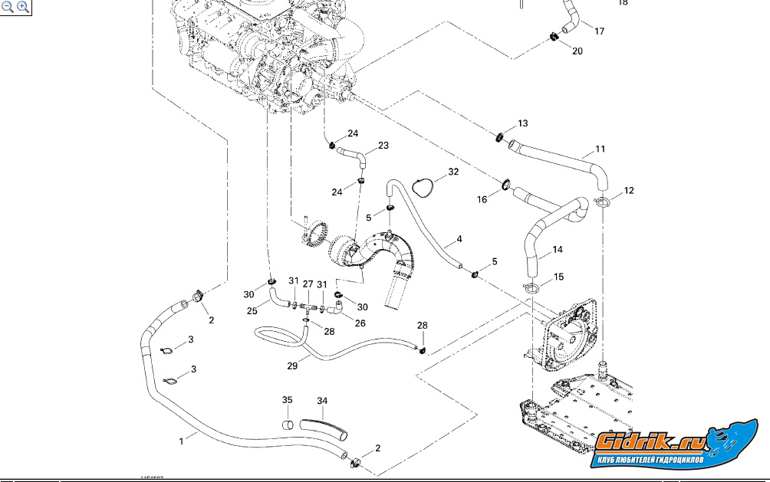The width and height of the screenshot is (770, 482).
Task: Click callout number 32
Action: coord(453,172)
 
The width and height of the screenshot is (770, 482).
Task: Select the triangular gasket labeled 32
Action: coord(420,185)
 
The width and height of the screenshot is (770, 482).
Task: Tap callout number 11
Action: coord(601,148)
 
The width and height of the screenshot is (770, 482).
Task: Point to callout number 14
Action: coord(558,250)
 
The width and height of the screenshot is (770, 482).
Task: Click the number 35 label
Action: coord(287,400)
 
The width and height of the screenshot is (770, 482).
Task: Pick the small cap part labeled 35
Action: coord(287,424)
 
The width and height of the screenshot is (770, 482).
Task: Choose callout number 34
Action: coord(322,401)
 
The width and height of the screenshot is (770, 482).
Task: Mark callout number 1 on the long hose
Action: coord(182,441)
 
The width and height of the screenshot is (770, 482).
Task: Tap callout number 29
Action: coord(292,366)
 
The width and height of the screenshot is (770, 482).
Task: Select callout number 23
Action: coord(383,145)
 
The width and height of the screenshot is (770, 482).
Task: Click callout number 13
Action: coord(522,123)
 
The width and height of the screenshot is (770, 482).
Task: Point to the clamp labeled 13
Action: coord(499,137)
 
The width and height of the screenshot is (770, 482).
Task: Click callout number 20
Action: coord(577,51)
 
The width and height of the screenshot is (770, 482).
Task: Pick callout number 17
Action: coord(600,31)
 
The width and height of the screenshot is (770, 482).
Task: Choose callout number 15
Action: coord(558,276)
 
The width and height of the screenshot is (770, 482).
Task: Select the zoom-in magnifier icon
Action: coord(22,7)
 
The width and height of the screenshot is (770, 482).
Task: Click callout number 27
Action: coord(308,284)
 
